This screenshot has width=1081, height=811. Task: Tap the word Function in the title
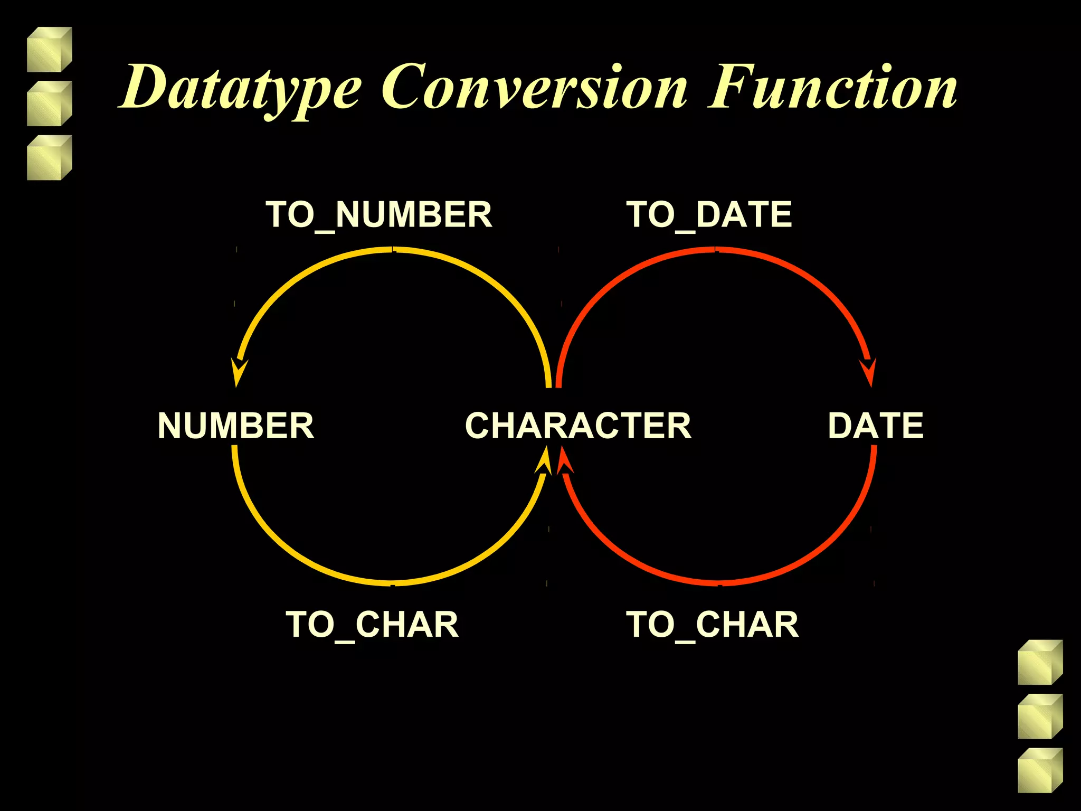pos(832,88)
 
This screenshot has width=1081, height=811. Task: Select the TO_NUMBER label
pos(378,215)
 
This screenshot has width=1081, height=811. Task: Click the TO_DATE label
pos(709,215)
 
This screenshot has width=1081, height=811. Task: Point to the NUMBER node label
pos(235,426)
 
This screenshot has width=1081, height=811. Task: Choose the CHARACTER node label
pos(578,426)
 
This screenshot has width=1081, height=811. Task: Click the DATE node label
pos(875,426)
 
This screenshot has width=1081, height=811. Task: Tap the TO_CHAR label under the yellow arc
pos(372,625)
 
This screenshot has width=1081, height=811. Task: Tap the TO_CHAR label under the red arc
pos(712,625)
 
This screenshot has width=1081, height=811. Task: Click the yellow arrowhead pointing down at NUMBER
pos(239,372)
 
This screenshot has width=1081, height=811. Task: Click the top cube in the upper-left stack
pos(49,50)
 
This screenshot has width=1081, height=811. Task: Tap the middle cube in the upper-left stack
pos(49,103)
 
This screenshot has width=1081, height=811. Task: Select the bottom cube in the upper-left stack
pos(49,158)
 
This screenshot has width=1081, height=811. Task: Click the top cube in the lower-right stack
pos(1040,662)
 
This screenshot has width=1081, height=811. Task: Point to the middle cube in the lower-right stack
pos(1040,716)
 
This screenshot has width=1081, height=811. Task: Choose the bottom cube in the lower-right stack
pos(1040,770)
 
